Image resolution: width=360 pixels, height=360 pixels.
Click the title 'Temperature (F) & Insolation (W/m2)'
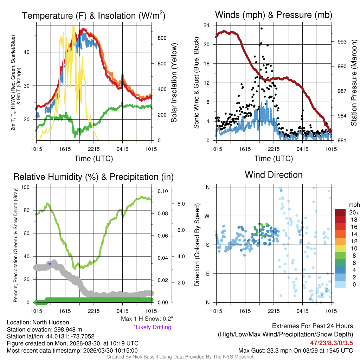94,16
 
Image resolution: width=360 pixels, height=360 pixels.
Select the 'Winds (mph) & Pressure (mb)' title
274,15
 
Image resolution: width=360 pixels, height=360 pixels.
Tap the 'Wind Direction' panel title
274,175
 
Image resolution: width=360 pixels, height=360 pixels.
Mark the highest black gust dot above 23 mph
262,28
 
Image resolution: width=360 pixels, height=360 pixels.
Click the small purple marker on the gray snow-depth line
50,263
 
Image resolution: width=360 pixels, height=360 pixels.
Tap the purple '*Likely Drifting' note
152,327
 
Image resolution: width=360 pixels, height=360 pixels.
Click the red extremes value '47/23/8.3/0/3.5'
332,342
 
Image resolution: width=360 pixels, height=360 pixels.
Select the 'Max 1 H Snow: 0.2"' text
147,319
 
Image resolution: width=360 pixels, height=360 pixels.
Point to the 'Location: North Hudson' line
38,322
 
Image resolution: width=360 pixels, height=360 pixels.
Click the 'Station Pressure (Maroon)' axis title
354,83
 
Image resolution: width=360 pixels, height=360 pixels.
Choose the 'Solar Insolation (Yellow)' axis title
174,83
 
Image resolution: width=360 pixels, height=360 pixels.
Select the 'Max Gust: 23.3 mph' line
295,350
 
